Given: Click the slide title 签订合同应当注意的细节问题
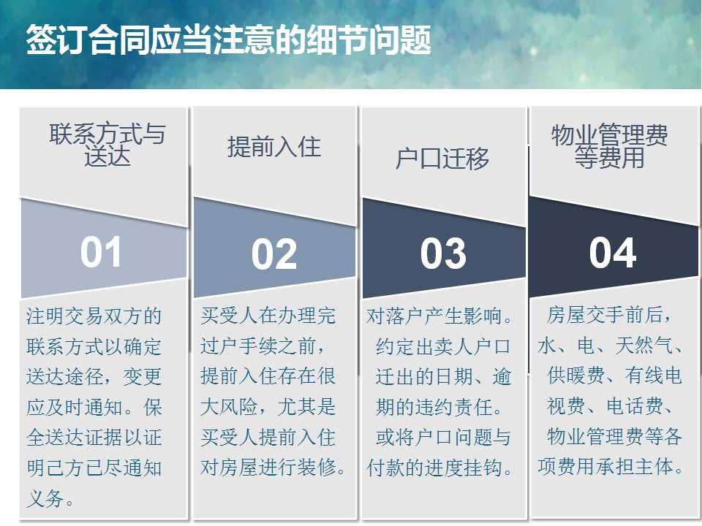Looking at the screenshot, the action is coord(228,39).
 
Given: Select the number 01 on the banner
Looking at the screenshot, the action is coord(101,252).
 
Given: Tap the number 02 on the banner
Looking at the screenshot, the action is coord(274,254).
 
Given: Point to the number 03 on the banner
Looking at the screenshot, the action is coord(443,254).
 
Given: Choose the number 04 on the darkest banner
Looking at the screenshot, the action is coord(613,253).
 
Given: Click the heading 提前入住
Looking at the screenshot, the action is coord(274,147).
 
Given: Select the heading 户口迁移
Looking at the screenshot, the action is coord(442,159).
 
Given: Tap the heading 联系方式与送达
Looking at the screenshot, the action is coord(107,145).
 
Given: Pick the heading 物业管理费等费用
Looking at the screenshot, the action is coord(609,146).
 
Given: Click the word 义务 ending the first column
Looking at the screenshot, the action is coord(50,498).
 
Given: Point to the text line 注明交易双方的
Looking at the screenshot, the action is coord(94,316).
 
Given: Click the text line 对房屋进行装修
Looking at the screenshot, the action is coord(273,468).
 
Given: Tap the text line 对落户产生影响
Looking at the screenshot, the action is coord(439,316).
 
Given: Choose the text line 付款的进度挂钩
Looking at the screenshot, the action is coord(439,468).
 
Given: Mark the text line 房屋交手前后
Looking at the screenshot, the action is coord(609,315).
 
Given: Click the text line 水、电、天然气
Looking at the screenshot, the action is coord(609,346).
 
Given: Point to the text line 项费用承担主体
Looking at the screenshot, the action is coord(611,467).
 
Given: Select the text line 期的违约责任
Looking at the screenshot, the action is coord(439,407).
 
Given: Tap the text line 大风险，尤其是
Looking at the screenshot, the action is coord(268,407).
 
